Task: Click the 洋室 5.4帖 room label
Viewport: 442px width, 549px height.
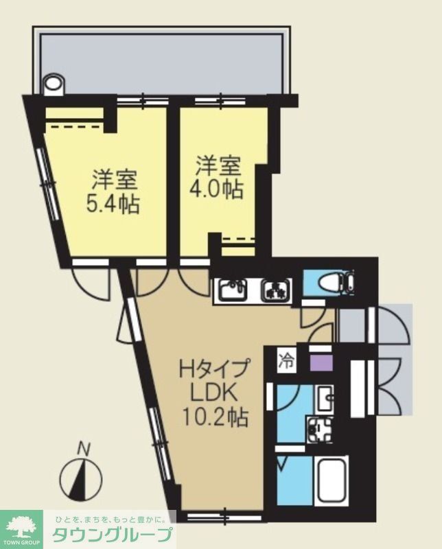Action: coord(115,191)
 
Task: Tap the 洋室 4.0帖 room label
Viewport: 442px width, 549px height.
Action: coord(219,177)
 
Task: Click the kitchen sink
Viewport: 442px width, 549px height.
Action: coord(235,291)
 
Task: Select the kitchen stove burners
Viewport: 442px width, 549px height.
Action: coord(277,291)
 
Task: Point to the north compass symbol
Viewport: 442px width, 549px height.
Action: coord(80,479)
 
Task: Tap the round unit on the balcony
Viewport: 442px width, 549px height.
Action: coord(53,86)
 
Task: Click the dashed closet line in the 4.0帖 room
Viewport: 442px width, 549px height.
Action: coord(239,240)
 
